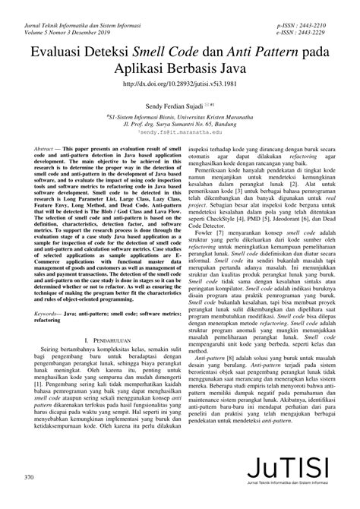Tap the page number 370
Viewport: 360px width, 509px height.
(30, 477)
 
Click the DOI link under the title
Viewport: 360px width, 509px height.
(179, 86)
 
